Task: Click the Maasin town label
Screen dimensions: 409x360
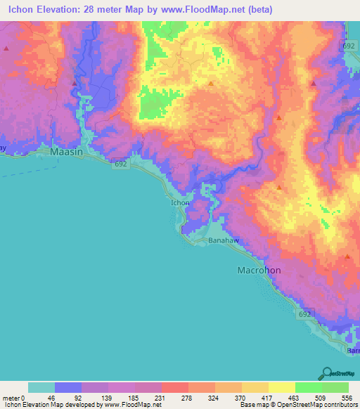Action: click(67, 151)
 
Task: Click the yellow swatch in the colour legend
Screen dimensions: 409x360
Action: click(281, 387)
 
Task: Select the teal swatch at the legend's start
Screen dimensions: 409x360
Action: click(41, 387)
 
